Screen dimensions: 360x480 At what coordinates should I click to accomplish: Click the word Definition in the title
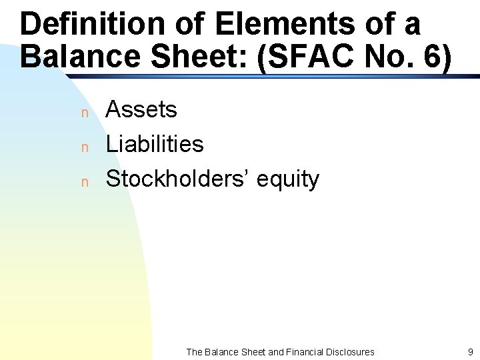coord(91,25)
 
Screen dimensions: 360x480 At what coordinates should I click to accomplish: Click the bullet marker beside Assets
coord(84,113)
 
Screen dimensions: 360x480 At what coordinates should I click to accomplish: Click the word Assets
coord(141,109)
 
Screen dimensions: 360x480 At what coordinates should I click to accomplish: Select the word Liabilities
coord(155,144)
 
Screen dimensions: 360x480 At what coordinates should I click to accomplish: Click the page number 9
coord(471,351)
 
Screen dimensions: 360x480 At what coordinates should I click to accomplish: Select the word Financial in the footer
coord(304,351)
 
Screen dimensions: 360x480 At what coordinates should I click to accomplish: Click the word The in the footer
coord(194,351)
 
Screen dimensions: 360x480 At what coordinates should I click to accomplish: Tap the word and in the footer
coord(275,351)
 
